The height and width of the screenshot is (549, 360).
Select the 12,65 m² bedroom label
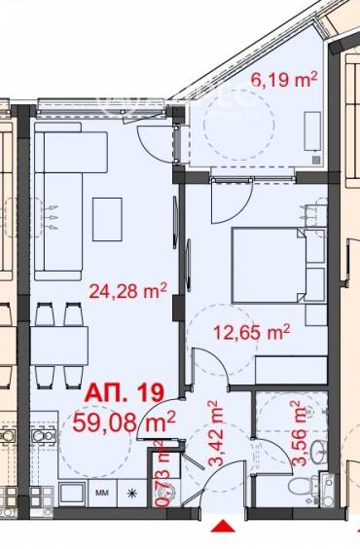[x=252, y=332]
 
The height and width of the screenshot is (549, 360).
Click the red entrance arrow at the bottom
[x=223, y=530]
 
